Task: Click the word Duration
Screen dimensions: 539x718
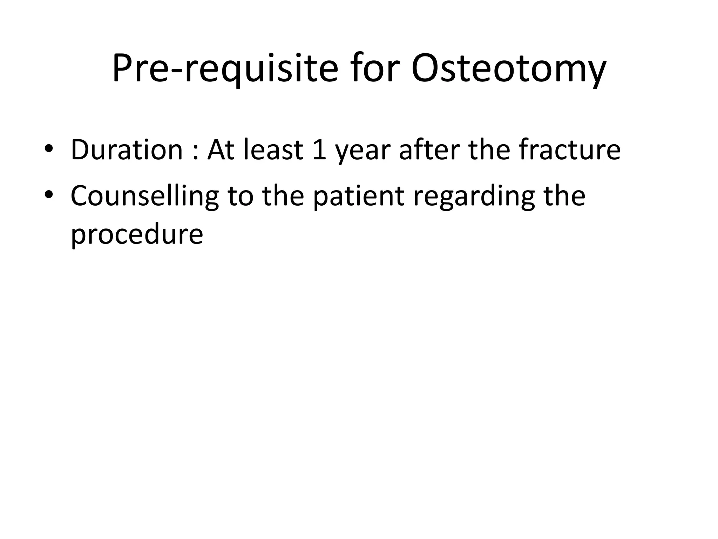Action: point(127,150)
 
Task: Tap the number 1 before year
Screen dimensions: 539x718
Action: point(319,150)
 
